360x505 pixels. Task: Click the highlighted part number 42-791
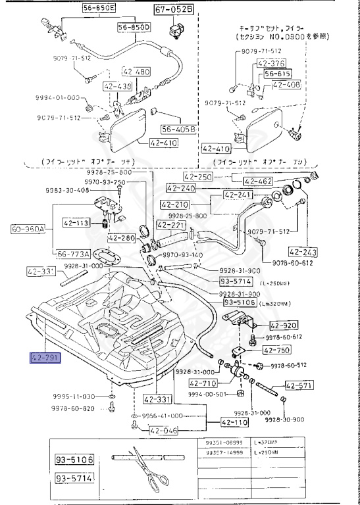tap(44, 358)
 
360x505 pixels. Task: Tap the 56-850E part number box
tap(98, 9)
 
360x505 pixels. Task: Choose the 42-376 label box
tap(272, 64)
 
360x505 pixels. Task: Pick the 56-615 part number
tap(278, 74)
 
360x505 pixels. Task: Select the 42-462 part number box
tap(259, 181)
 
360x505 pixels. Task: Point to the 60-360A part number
tap(28, 230)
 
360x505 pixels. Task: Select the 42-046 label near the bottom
tap(163, 431)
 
